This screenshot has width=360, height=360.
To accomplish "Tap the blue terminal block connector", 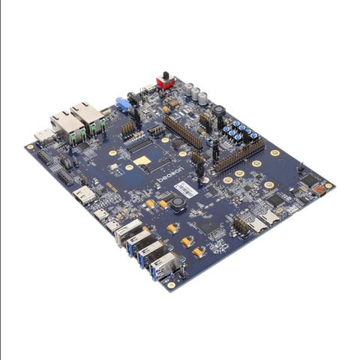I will (123, 103).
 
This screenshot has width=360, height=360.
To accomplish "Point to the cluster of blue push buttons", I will (238, 130).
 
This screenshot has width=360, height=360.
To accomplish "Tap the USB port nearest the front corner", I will (164, 265).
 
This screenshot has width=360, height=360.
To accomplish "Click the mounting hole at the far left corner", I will (31, 147).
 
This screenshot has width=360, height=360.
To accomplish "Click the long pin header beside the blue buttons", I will (240, 154).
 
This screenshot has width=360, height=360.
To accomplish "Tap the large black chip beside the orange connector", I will (308, 181).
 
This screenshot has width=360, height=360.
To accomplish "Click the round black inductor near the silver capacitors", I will (219, 110).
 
